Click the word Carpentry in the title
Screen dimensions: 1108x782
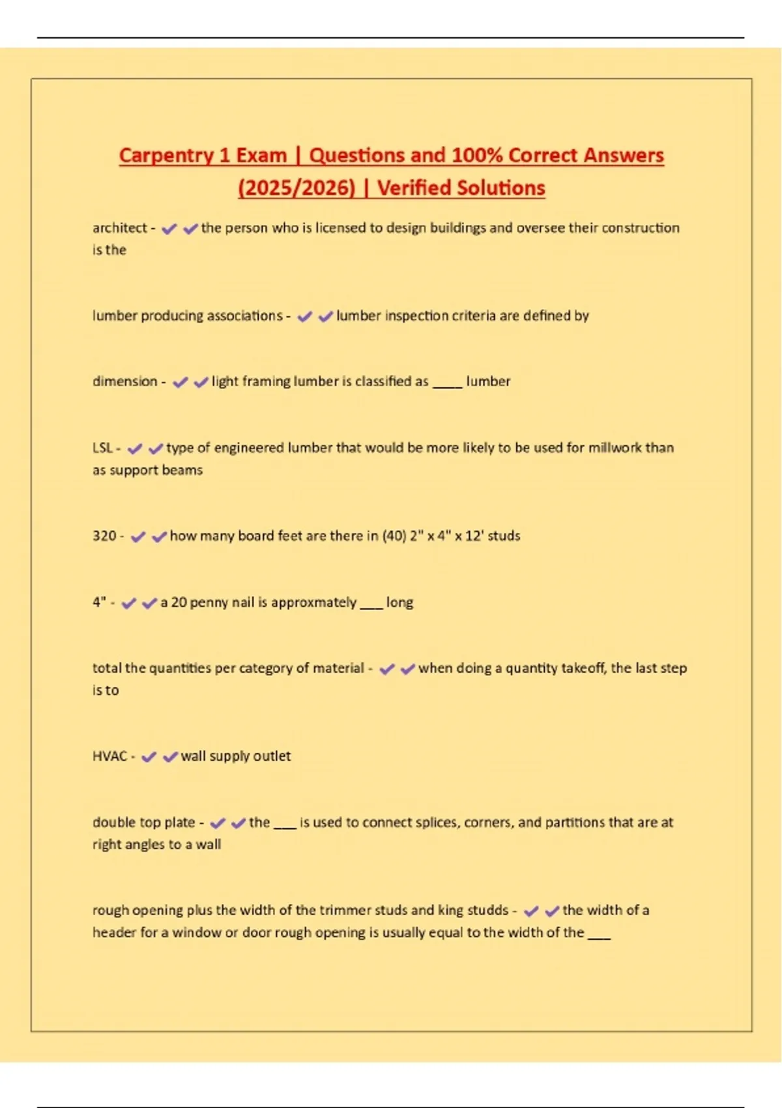pos(166,155)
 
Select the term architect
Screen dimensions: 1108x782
pos(120,228)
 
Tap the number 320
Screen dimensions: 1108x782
pos(104,536)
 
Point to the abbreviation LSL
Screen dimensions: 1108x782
pos(102,448)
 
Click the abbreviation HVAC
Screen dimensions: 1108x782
pos(109,756)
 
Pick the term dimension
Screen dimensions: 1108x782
pos(124,381)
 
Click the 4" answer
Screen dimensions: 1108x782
pos(99,602)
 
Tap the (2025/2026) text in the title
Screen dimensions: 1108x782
pos(297,188)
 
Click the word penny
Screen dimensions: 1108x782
pos(210,602)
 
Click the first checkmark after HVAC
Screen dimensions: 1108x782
pos(149,757)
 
